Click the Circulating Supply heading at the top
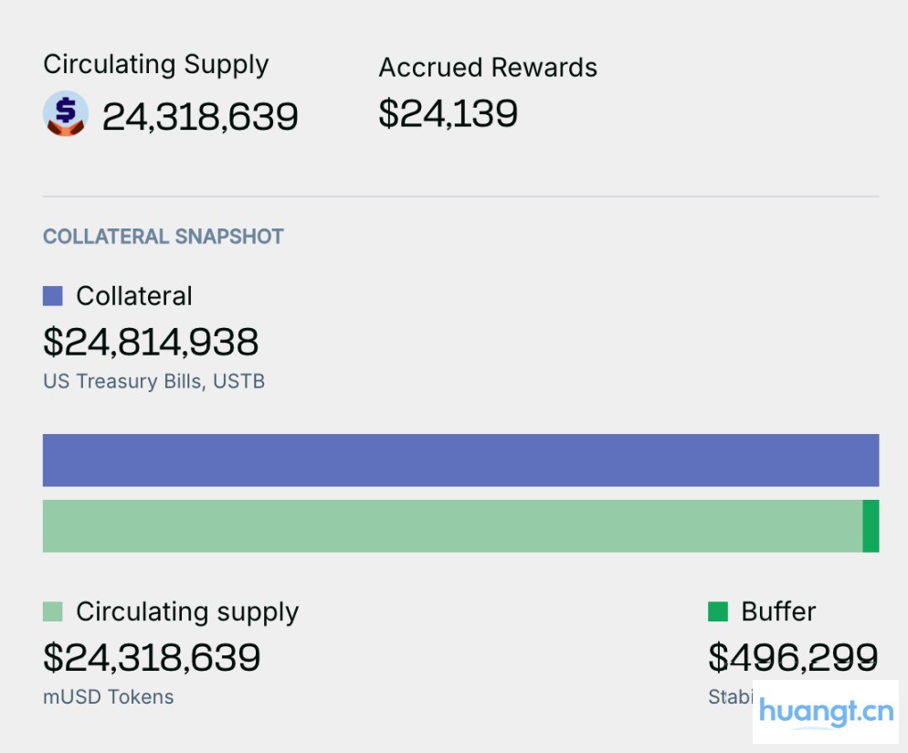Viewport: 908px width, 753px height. point(155,65)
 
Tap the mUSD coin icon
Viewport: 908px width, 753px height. point(66,114)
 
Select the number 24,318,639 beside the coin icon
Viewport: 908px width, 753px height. point(200,117)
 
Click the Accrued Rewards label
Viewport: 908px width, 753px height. point(488,68)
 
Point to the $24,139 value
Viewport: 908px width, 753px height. point(449,113)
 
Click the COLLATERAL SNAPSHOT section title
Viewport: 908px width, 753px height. point(164,237)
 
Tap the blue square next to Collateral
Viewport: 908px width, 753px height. point(53,296)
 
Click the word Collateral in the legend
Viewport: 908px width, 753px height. point(134,296)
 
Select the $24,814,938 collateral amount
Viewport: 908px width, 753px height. point(151,342)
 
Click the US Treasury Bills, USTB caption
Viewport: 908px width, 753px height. point(153,381)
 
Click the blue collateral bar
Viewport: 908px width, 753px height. point(460,461)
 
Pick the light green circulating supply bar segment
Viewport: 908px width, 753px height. point(452,526)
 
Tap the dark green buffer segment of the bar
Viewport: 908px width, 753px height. point(871,526)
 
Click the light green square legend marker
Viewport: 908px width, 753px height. point(53,611)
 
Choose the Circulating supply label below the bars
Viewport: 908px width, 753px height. point(187,611)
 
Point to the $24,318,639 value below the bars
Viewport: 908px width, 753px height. point(152,657)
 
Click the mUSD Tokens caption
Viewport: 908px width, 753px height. point(108,696)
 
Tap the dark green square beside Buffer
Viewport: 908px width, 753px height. point(718,611)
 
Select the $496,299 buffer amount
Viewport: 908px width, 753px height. point(793,657)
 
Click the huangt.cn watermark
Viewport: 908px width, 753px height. point(826,712)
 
